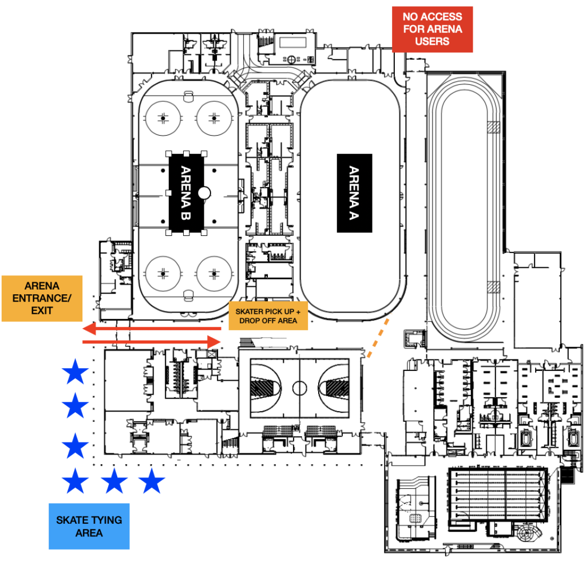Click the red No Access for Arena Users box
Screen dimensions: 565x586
point(432,29)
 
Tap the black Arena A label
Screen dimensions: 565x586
point(354,193)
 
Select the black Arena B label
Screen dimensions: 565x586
point(186,193)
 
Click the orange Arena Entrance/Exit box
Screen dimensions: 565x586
point(42,298)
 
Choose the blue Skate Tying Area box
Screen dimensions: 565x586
point(89,526)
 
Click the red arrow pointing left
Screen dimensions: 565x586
point(152,329)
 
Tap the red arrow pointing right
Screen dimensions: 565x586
point(152,342)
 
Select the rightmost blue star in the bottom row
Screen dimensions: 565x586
point(152,481)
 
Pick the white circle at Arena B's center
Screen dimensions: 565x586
point(204,193)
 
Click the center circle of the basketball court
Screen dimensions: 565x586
point(299,388)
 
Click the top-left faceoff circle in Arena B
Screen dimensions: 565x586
point(164,118)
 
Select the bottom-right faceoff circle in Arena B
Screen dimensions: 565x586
point(214,274)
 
